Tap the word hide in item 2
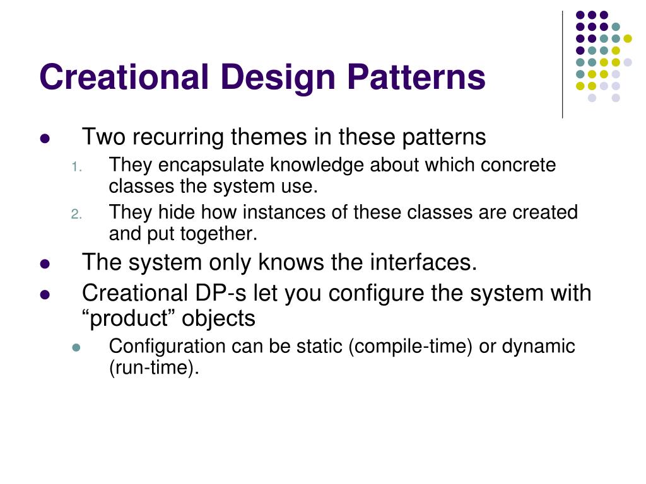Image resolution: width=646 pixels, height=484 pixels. [x=174, y=213]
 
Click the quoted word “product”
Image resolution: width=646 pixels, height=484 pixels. [x=129, y=319]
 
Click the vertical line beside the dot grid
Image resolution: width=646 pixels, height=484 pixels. [x=562, y=63]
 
